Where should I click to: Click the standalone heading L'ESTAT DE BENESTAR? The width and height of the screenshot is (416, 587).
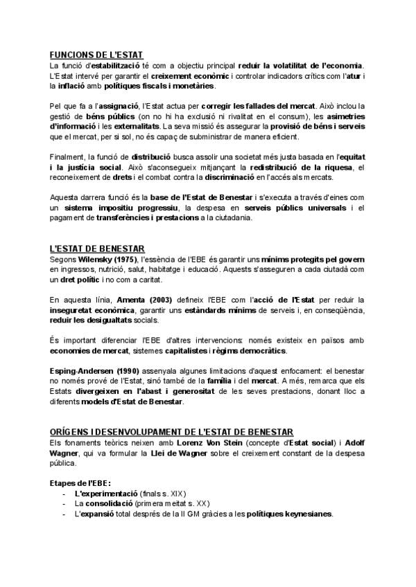(96, 249)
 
